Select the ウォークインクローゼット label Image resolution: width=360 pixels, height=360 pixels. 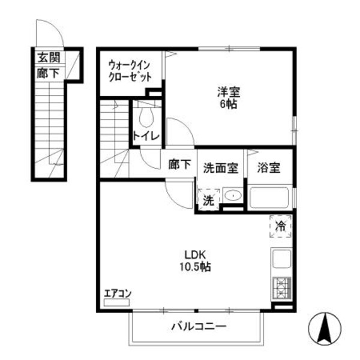[130, 71]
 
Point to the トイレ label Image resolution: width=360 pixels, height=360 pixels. [146, 136]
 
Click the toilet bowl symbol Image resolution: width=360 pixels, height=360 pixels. [146, 114]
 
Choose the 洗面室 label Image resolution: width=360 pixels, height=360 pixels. [221, 167]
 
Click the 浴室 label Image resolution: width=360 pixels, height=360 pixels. [267, 167]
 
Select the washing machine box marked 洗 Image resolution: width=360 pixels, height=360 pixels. [208, 200]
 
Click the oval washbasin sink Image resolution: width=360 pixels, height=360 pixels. [233, 196]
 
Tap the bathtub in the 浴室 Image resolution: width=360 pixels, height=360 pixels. [270, 197]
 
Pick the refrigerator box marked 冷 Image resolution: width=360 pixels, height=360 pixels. [280, 226]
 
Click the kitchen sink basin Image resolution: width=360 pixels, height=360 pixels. [281, 260]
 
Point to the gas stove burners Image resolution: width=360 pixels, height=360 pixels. [281, 288]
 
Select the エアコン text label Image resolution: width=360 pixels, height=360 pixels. [117, 293]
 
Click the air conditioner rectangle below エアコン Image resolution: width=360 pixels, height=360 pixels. [116, 304]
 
